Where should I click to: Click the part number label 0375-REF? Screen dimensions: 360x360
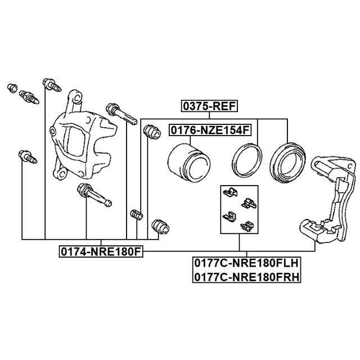209,106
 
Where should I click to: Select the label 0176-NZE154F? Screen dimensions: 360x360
210,130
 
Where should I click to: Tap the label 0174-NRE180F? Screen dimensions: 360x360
101,251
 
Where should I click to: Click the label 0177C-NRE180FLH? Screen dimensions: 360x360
246,263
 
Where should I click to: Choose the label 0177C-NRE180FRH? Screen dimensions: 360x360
246,277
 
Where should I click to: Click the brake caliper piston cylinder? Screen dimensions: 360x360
189,161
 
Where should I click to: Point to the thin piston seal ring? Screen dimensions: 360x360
247,160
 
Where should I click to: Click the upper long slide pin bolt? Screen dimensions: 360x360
121,114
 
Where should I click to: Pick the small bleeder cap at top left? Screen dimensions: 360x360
12,88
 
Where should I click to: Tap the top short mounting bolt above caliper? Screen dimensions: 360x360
52,85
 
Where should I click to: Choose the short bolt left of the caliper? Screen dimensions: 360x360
28,157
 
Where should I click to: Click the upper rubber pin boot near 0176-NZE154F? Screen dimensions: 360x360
151,132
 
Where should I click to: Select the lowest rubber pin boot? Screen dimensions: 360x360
160,227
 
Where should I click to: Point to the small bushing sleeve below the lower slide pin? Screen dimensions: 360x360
137,215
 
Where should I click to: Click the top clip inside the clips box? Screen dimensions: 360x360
230,192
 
